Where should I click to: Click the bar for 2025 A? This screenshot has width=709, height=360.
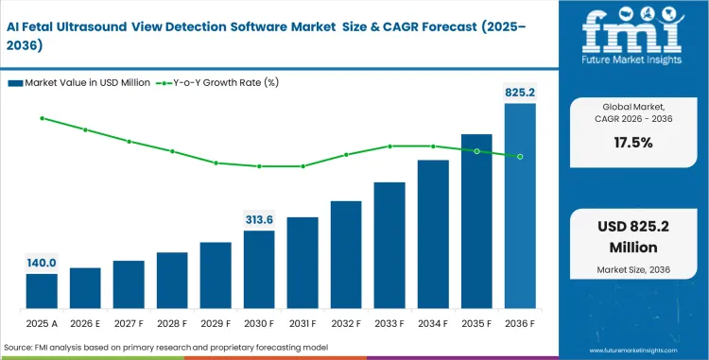point(42,292)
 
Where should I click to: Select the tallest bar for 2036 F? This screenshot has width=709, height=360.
point(520,207)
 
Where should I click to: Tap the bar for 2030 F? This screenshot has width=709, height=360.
point(259,270)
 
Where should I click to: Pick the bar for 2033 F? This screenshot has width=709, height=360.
point(389,246)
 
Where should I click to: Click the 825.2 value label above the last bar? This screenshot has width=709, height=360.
point(520,93)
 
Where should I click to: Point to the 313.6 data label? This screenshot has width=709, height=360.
point(259,219)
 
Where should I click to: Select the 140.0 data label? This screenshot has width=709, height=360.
point(42,263)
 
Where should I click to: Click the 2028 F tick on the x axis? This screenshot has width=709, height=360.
point(172,323)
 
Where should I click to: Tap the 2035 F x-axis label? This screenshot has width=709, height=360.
point(476,323)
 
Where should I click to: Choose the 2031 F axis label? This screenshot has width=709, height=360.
point(303,323)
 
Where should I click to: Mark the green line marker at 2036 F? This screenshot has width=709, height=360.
point(520,156)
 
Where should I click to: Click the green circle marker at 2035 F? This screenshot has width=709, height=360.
point(476,151)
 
